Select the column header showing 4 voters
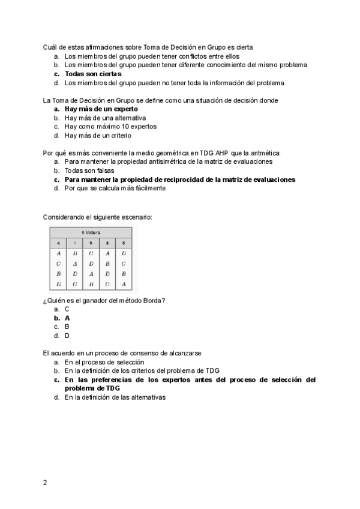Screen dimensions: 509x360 (x=58, y=242)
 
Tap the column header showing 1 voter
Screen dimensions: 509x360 (x=75, y=242)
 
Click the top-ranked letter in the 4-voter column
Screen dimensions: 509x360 (x=58, y=253)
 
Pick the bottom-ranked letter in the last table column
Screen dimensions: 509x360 (x=124, y=284)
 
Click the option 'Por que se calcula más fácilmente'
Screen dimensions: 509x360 (x=115, y=188)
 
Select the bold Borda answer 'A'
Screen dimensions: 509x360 (x=67, y=318)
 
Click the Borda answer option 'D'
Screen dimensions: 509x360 (x=67, y=336)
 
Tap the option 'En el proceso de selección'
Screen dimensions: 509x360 (x=104, y=362)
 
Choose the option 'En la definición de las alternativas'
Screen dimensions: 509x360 (x=115, y=397)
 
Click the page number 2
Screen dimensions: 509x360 (x=45, y=482)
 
